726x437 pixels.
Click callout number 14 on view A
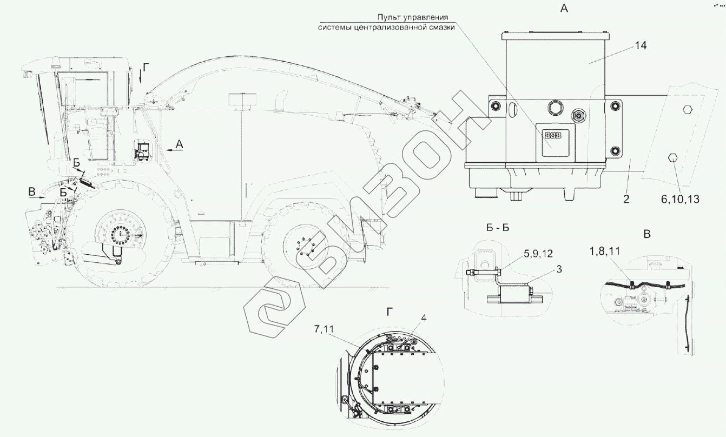coord(641,45)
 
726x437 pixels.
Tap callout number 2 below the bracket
coord(626,199)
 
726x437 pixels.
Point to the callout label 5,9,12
coord(538,254)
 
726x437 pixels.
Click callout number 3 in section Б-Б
coord(559,269)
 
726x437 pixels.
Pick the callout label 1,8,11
coord(604,251)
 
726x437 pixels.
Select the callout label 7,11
coord(324,329)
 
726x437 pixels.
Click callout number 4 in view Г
coord(424,318)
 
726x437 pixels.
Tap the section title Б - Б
coord(498,228)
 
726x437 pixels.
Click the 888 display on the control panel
coord(552,135)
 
